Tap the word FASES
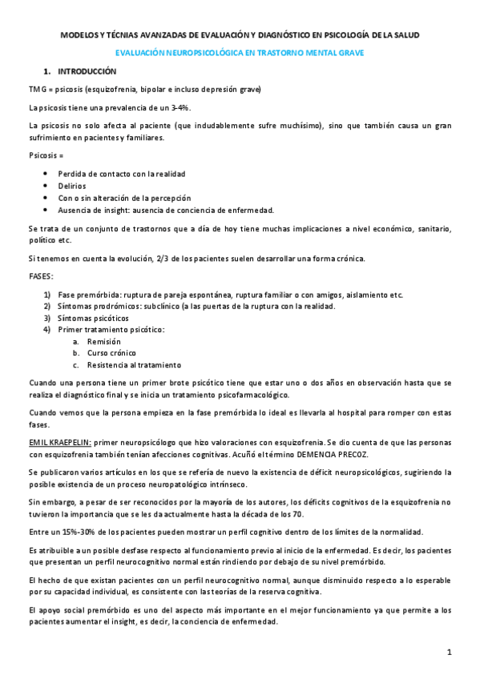coord(40,276)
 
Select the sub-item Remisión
coord(104,341)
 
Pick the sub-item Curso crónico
coord(111,352)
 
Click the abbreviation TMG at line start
coord(36,89)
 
